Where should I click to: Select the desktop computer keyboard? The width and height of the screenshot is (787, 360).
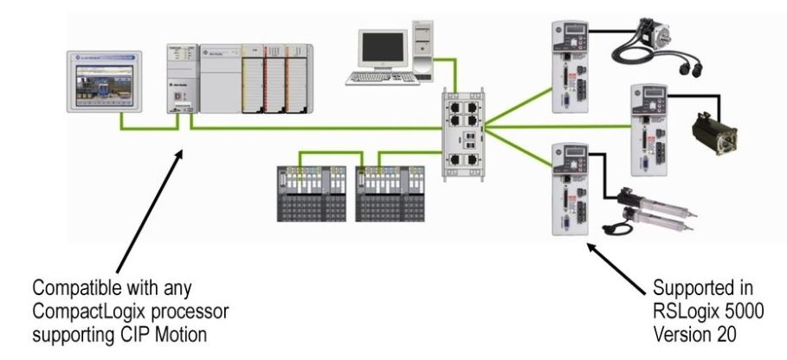coord(380,78)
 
